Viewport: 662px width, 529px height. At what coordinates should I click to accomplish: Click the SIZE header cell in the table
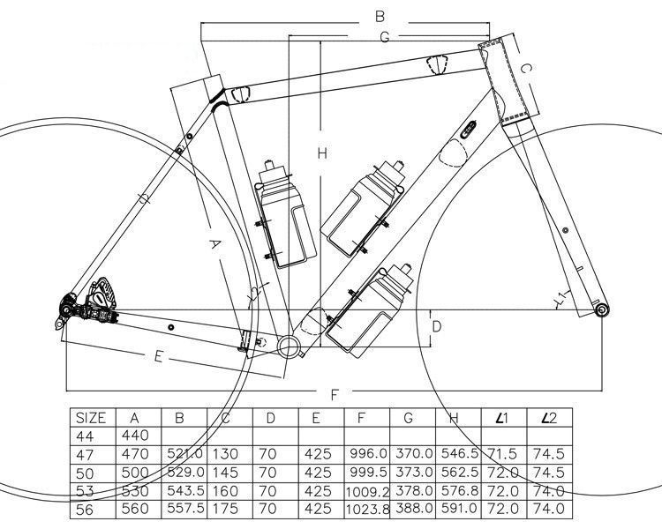(91, 418)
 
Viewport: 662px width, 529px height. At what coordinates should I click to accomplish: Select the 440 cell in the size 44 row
(136, 436)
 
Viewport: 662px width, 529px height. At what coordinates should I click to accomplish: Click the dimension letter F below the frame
(335, 394)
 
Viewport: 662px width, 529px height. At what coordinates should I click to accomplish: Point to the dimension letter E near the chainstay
(158, 356)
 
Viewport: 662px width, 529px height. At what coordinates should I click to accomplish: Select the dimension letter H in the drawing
(323, 153)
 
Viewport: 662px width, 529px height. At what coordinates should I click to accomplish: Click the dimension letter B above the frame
(380, 16)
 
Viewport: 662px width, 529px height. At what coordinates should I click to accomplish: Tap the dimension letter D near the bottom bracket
(436, 327)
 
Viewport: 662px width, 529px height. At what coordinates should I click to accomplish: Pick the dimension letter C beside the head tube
(523, 68)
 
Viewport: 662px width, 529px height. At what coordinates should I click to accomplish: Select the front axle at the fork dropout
(601, 311)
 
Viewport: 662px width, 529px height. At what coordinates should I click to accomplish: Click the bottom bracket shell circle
(290, 345)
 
